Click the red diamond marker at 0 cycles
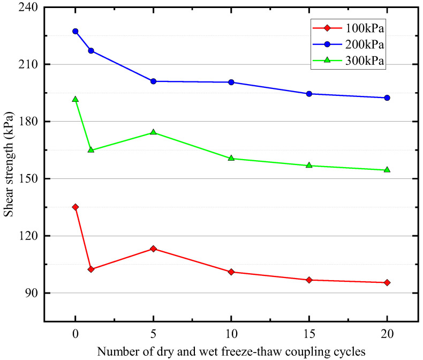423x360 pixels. point(75,207)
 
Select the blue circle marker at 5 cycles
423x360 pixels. point(153,81)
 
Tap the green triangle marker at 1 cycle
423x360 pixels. point(91,149)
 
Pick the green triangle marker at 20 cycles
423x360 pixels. point(387,170)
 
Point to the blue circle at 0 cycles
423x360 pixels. point(75,31)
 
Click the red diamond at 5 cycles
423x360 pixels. point(153,249)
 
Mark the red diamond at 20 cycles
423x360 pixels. point(387,282)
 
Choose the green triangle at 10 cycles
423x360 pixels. point(231,158)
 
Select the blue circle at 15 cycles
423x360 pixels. point(309,94)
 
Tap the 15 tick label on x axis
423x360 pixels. point(309,333)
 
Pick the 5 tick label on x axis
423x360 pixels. point(153,333)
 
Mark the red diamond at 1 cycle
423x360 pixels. point(91,269)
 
